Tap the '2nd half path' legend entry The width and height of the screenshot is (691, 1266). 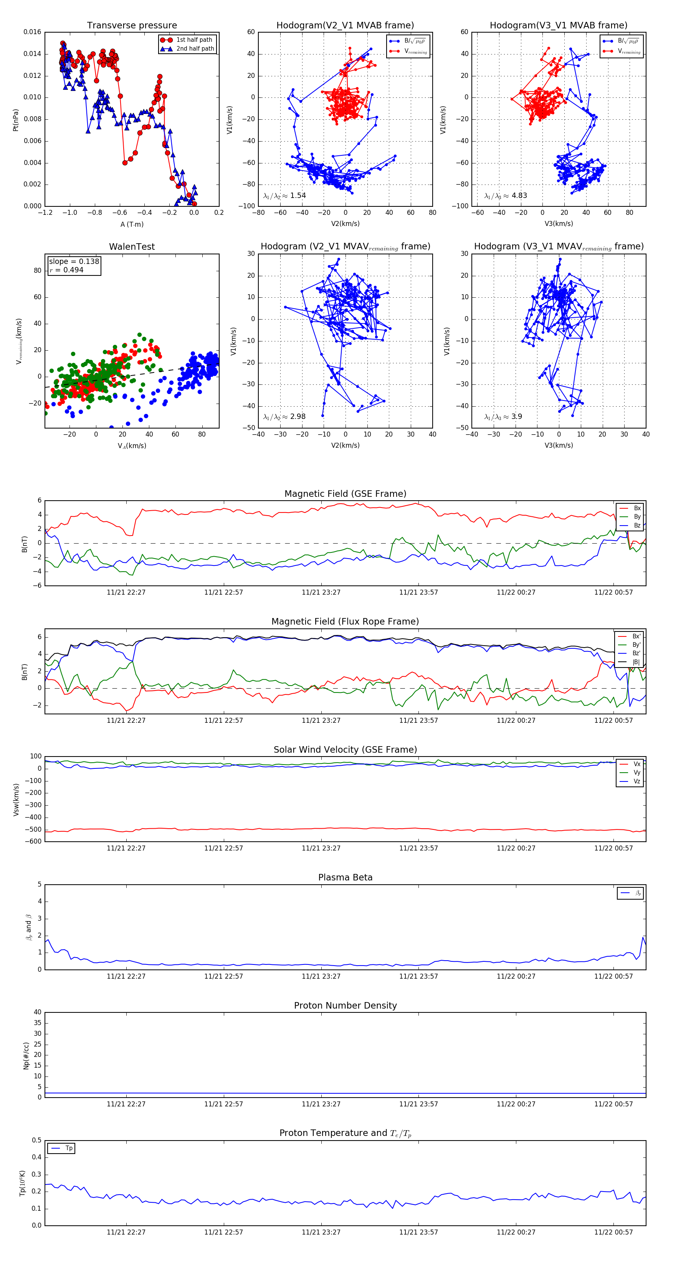coord(195,49)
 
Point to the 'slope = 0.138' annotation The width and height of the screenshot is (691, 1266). coord(74,262)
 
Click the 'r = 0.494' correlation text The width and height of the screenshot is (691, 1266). coord(66,270)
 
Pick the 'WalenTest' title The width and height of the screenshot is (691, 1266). coord(132,247)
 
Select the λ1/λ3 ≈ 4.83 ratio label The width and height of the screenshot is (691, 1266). coord(505,196)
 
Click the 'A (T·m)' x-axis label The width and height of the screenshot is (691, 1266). coord(132,224)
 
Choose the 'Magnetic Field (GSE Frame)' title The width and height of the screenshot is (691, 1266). coord(345,494)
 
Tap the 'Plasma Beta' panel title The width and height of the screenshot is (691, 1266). coord(345,878)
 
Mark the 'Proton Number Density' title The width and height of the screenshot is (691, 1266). coord(345,1006)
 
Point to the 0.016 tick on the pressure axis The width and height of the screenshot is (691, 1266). coord(33,32)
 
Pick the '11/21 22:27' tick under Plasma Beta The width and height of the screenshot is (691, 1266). coord(126,976)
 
